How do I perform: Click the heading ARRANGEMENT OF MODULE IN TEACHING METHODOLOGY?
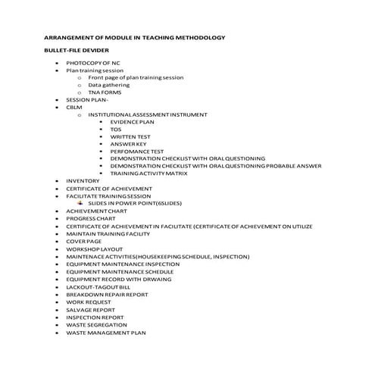pos(134,36)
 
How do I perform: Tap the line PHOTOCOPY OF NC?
pos(92,62)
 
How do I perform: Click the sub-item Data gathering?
pos(108,85)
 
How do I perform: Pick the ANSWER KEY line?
pos(128,144)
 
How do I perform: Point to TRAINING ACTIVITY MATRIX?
pos(148,173)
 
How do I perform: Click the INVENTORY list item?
pos(83,181)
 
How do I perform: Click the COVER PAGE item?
pos(83,241)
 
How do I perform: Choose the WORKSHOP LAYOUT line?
pos(94,248)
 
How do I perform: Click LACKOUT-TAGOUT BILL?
pos(98,288)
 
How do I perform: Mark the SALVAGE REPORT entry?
pos(90,310)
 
